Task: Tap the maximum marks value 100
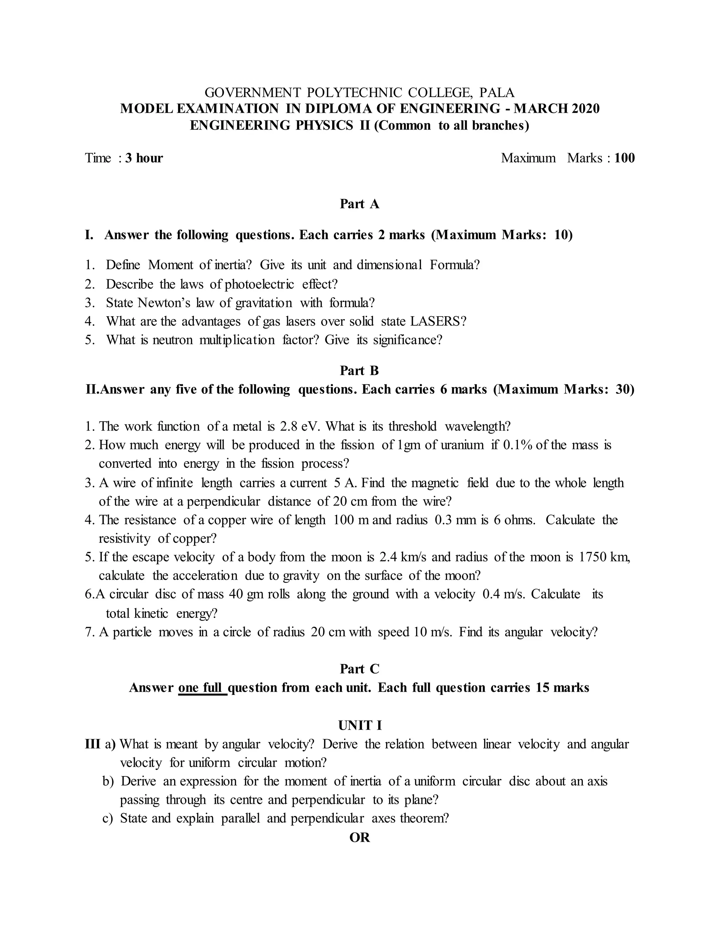point(625,158)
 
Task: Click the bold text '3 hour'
point(144,158)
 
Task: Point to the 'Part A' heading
point(359,204)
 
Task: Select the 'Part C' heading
point(359,669)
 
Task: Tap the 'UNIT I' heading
point(359,725)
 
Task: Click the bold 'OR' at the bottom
point(359,838)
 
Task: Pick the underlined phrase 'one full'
point(202,688)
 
